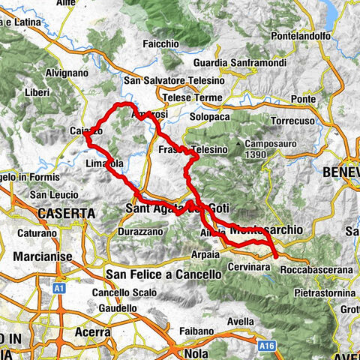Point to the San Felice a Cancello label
coord(164,274)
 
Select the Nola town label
coord(193,353)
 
